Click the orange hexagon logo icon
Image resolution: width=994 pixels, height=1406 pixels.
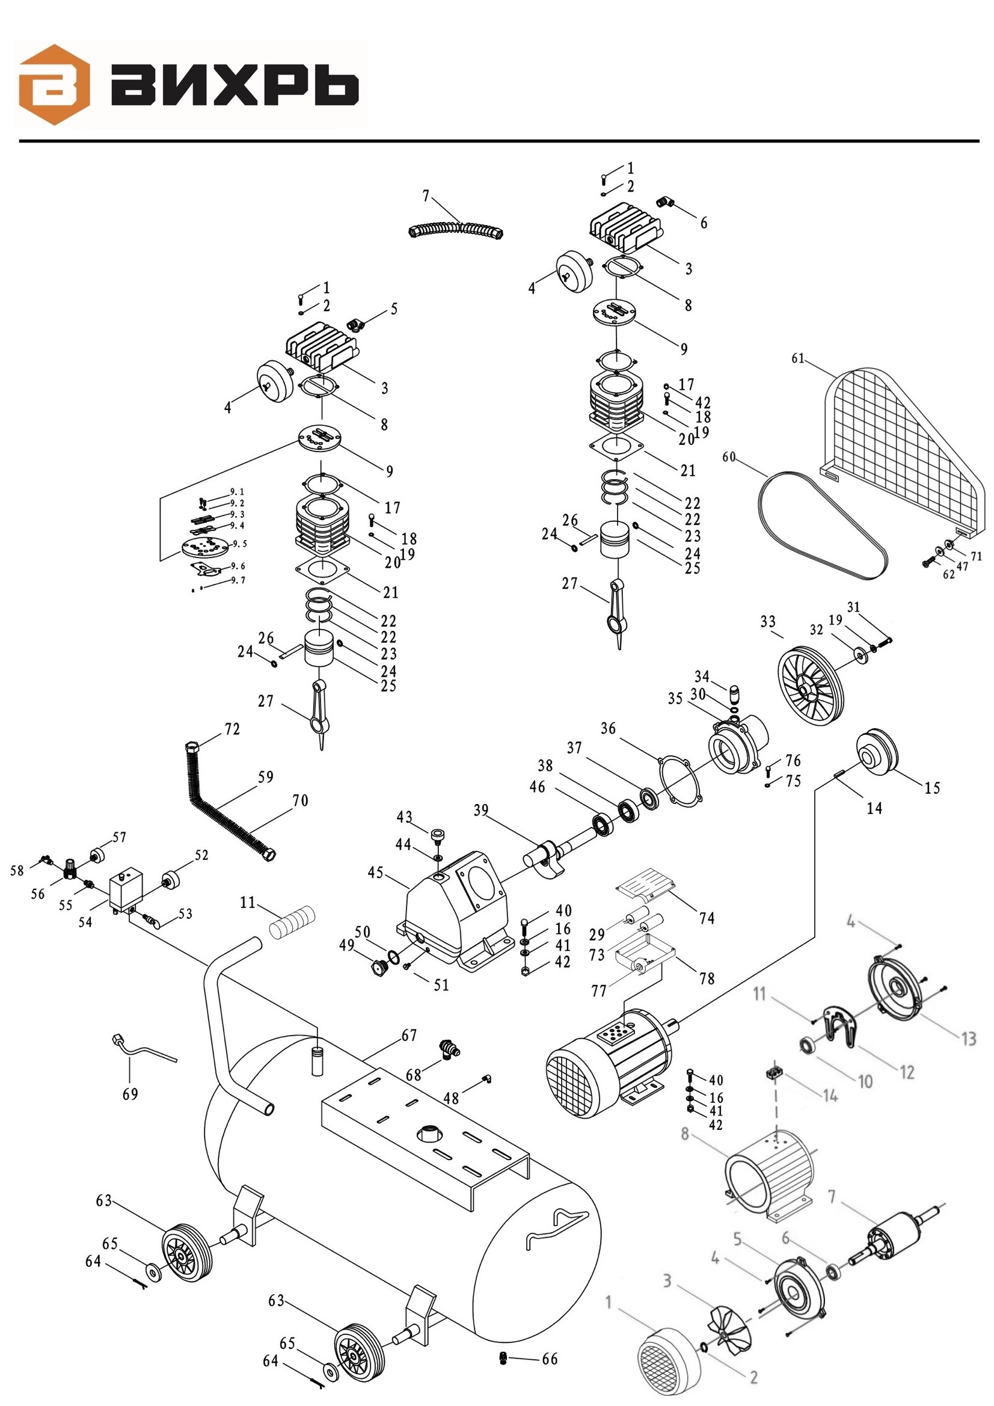pos(55,85)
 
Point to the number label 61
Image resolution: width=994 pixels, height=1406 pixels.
pos(797,358)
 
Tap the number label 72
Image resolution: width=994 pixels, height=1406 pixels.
pos(232,729)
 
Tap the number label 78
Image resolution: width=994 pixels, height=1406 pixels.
pos(707,978)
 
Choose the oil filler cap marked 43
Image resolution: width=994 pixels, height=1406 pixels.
pos(438,834)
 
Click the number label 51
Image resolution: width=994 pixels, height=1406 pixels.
pos(441,984)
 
